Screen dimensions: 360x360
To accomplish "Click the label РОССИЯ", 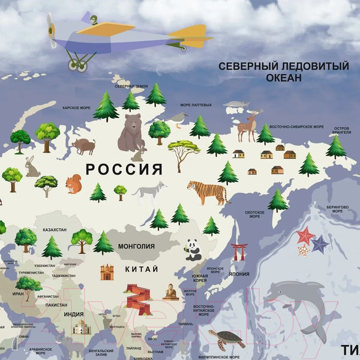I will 124,169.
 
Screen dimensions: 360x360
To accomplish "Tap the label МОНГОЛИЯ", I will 136,246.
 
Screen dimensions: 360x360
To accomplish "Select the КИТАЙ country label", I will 142,269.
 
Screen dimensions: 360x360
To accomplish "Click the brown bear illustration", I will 131,134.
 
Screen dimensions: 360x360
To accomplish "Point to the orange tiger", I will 208,192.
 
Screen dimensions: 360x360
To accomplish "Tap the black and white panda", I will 193,249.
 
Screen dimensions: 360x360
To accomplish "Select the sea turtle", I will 226,338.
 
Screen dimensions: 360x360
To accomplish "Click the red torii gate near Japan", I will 240,251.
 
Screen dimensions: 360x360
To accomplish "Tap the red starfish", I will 305,235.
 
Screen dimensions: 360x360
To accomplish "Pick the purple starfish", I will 320,244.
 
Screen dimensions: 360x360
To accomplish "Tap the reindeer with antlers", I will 248,125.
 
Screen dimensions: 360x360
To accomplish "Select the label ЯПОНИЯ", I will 239,274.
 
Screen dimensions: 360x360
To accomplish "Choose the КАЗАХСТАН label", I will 55,230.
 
